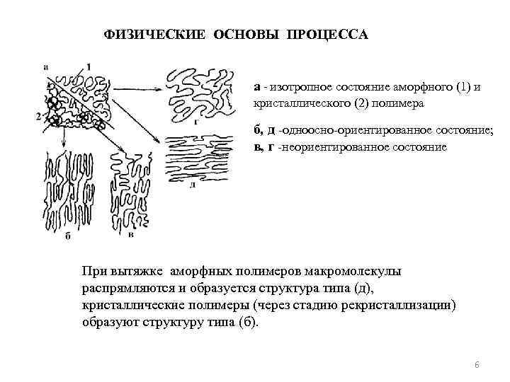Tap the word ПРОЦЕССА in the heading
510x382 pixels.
tap(327, 34)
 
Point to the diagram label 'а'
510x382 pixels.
tap(46, 67)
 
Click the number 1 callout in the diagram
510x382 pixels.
tap(89, 66)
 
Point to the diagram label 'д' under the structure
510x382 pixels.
tap(193, 183)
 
